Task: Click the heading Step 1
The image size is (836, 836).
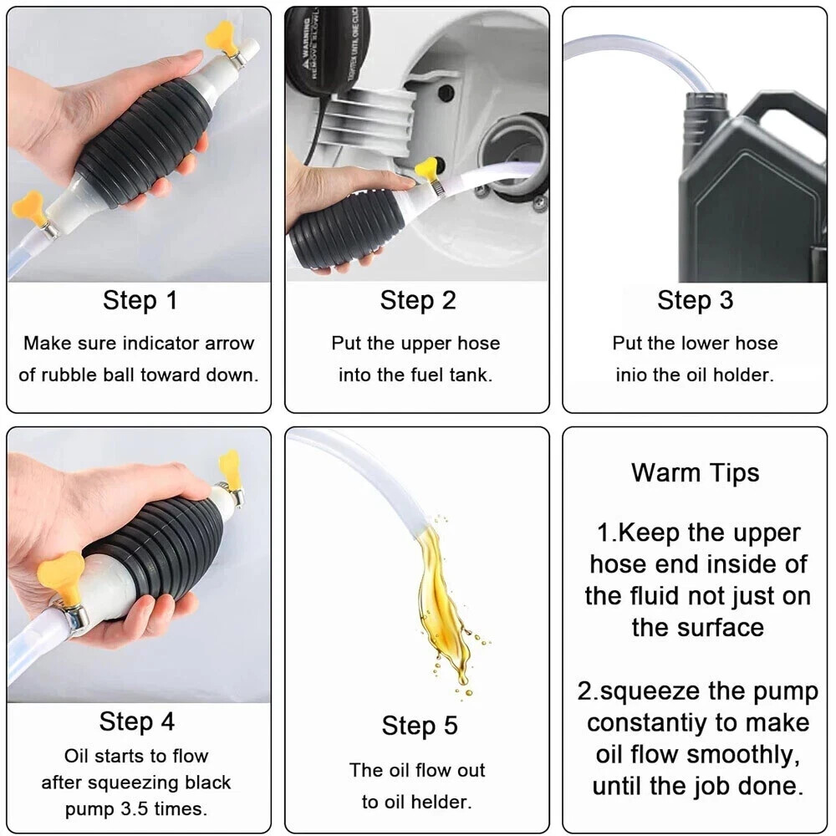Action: (x=140, y=300)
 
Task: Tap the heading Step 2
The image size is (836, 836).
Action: (x=417, y=300)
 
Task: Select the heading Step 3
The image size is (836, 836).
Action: (x=695, y=300)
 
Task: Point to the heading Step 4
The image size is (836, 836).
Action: (x=137, y=721)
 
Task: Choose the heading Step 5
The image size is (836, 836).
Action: (x=420, y=726)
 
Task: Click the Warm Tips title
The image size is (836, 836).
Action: (x=695, y=472)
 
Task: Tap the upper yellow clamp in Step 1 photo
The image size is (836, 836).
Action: (x=221, y=38)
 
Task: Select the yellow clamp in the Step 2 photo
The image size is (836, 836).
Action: (x=427, y=168)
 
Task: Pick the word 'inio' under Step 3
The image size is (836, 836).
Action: (x=631, y=375)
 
